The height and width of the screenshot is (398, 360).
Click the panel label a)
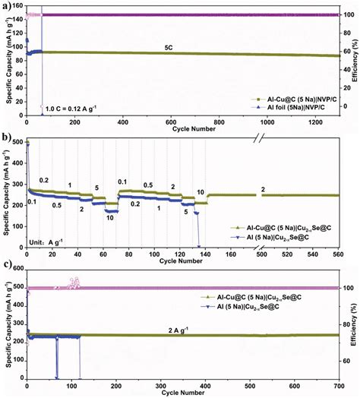(6, 5)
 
